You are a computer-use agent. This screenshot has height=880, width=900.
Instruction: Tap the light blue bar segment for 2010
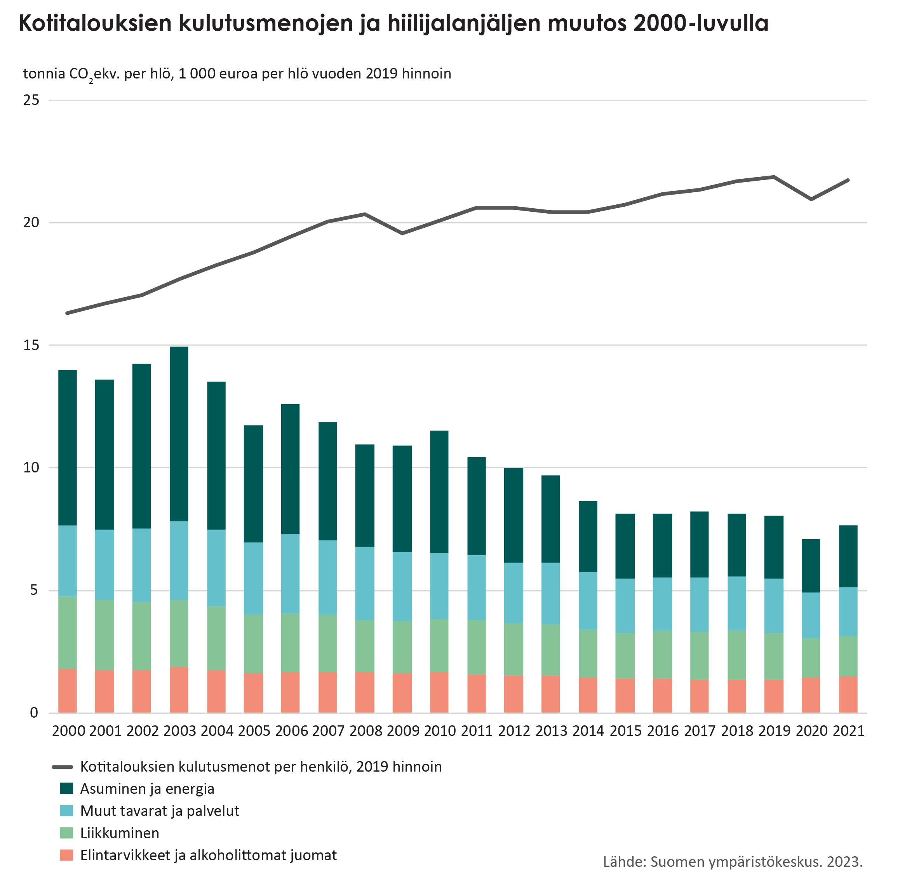(x=439, y=586)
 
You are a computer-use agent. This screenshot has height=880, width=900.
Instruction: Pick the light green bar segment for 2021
(x=848, y=656)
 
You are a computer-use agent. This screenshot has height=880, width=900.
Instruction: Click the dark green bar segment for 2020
(x=810, y=566)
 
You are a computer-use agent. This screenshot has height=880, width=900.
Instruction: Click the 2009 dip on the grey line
(x=402, y=234)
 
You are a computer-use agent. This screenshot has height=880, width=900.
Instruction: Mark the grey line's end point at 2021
(x=848, y=180)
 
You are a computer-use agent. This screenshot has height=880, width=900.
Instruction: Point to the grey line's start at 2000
(x=68, y=313)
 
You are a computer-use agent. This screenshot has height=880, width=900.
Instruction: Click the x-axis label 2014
(x=588, y=731)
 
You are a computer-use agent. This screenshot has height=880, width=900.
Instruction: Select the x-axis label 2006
(x=291, y=731)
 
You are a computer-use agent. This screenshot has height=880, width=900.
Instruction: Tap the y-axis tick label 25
(x=31, y=100)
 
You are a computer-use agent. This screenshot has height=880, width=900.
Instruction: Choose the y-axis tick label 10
(x=31, y=467)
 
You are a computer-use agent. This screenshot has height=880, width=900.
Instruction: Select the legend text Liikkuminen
(x=120, y=833)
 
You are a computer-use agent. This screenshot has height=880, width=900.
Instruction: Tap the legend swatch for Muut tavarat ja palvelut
(x=66, y=811)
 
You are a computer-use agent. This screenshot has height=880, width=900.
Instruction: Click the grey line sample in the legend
(x=63, y=767)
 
